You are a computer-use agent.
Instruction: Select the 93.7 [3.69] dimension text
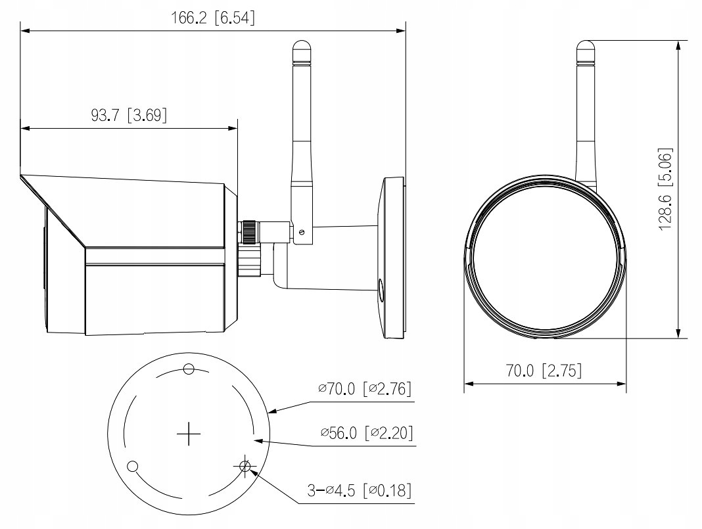[x=129, y=116]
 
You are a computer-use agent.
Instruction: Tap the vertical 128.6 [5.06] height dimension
[x=666, y=188]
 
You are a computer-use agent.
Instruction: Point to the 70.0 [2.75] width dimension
[x=544, y=371]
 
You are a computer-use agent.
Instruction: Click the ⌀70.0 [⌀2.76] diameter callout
[x=365, y=389]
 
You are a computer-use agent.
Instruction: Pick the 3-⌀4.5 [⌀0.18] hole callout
[x=362, y=491]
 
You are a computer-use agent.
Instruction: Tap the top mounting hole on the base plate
[x=189, y=369]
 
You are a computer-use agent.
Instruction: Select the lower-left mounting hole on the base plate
[x=133, y=467]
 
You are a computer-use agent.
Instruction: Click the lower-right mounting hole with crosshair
[x=246, y=467]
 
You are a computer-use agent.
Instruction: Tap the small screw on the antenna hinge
[x=302, y=231]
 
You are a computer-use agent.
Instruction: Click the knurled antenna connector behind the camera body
[x=248, y=230]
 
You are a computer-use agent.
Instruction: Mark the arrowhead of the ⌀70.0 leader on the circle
[x=272, y=412]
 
